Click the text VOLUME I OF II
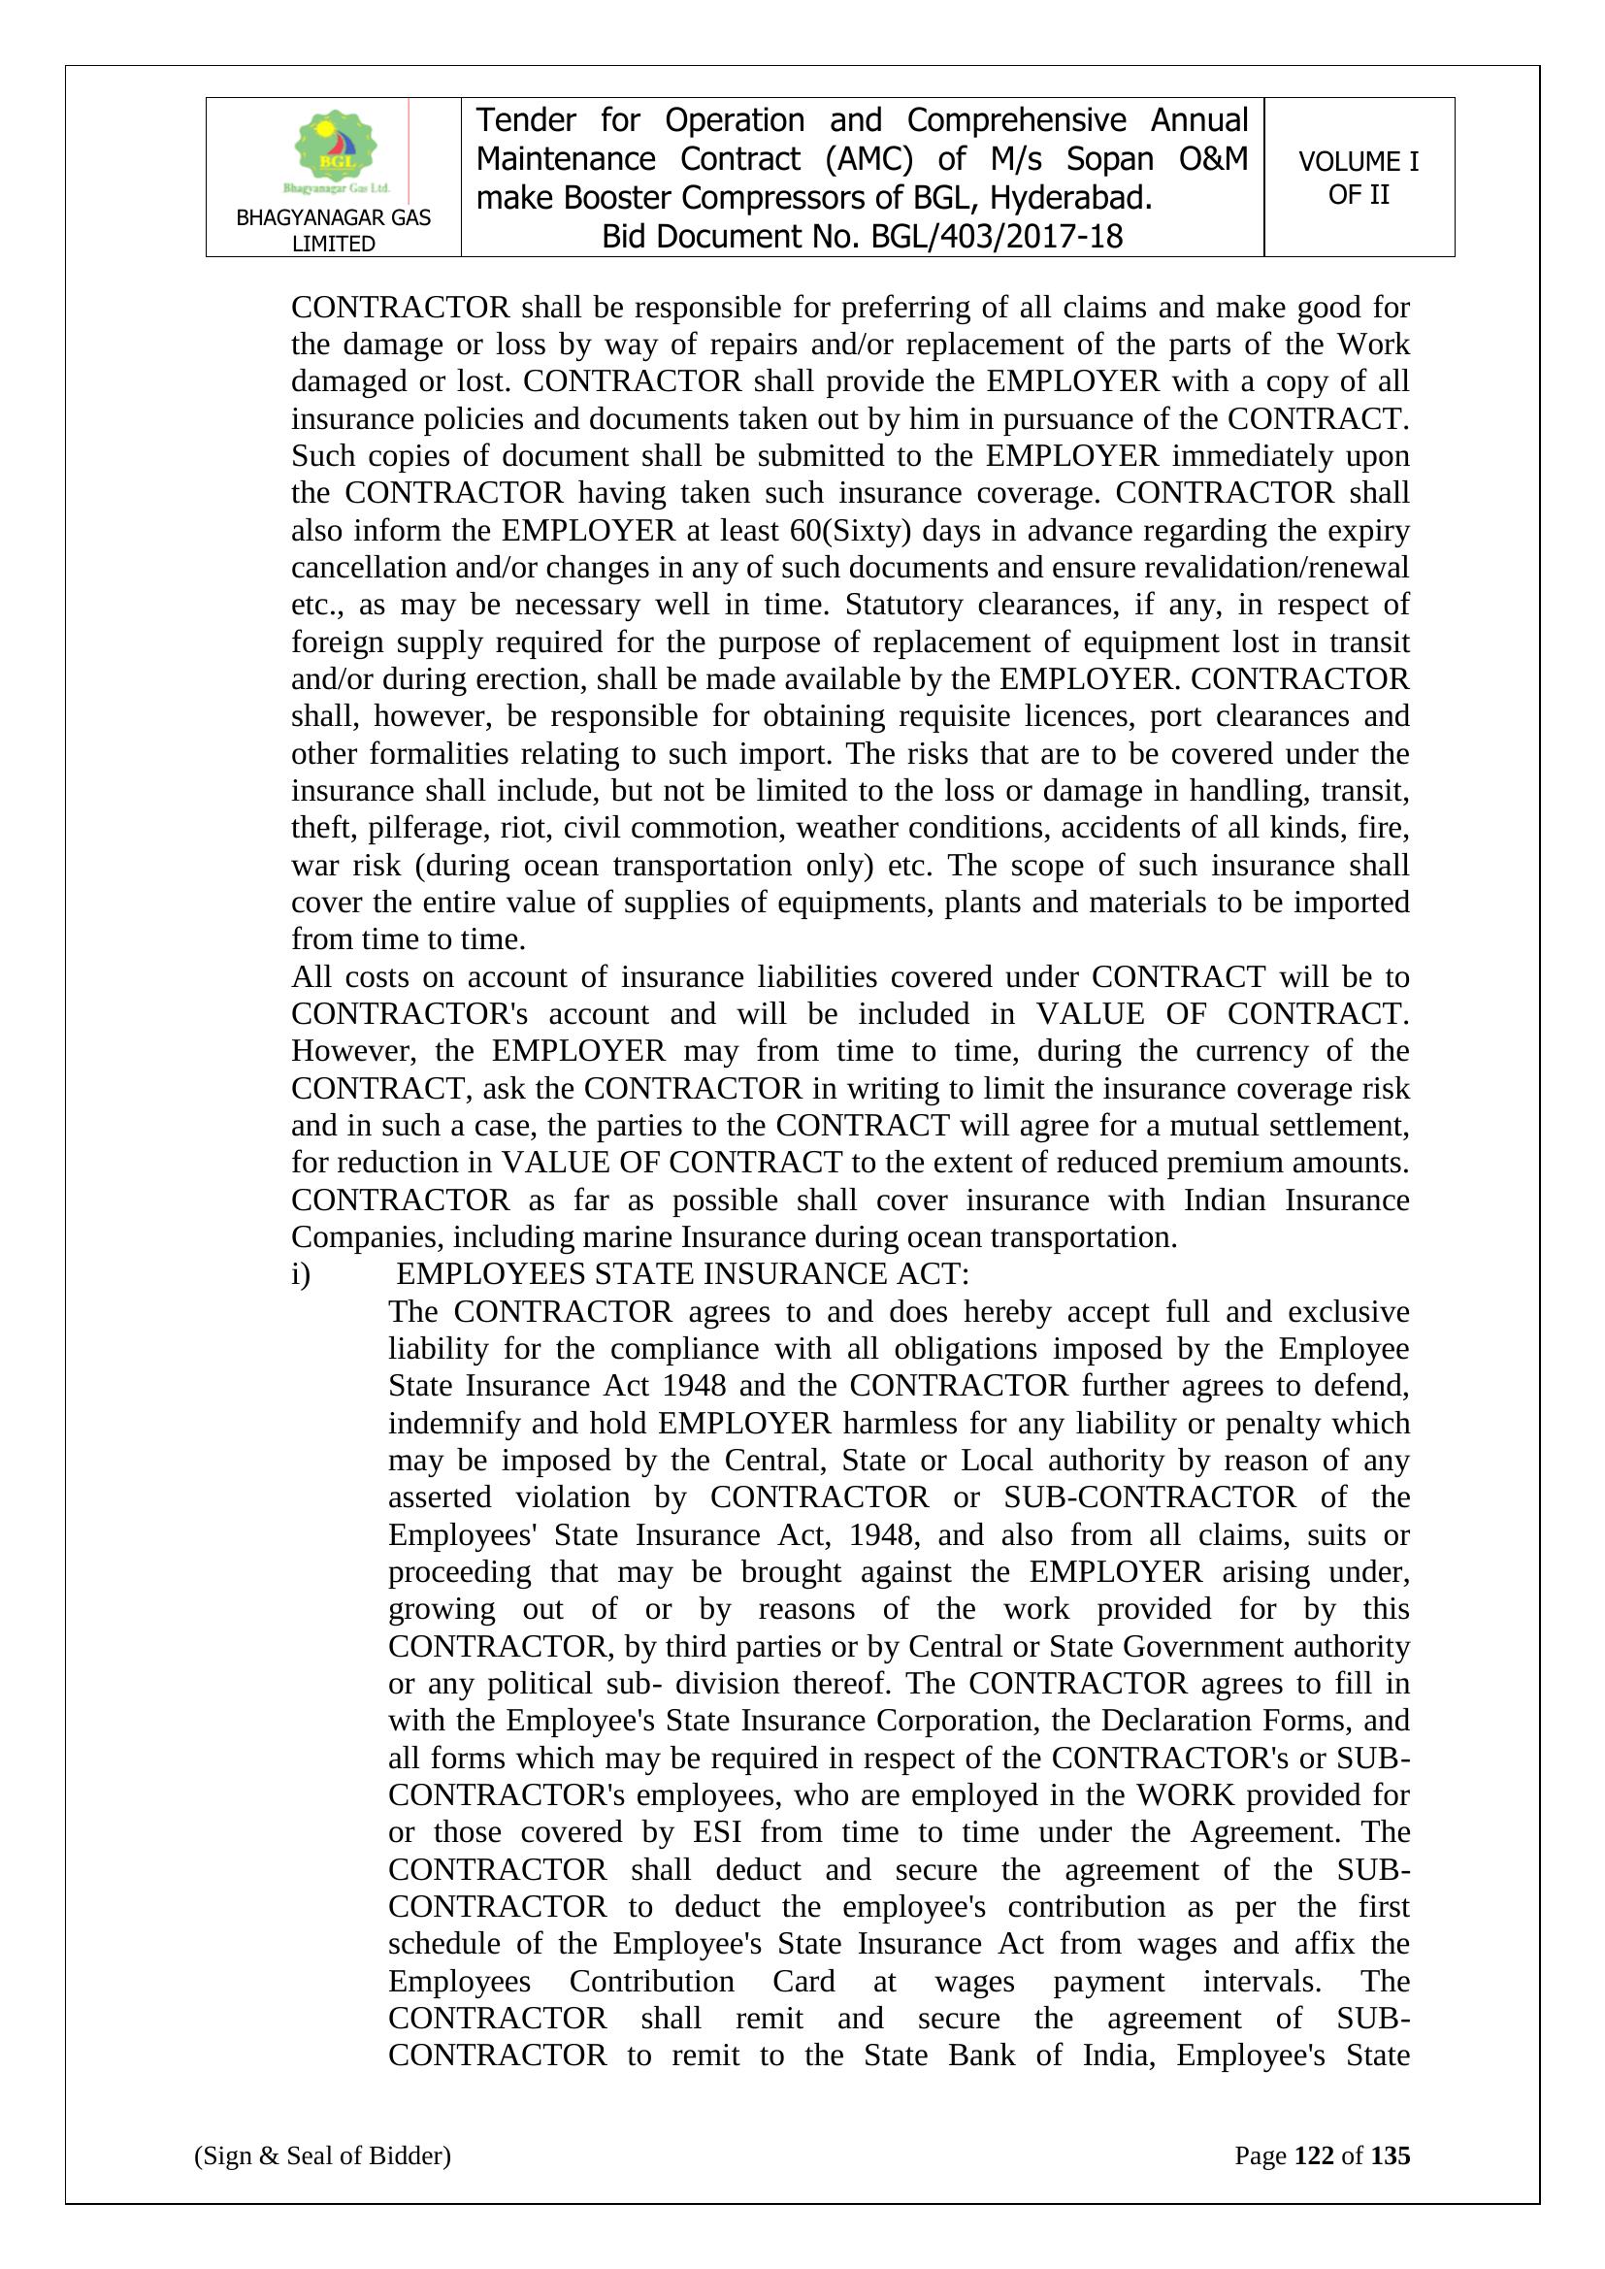point(1358,178)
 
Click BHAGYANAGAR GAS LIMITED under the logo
point(333,230)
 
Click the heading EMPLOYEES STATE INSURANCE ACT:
point(683,1274)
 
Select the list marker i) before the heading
point(301,1274)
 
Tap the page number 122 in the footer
point(1314,2155)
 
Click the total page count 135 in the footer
point(1390,2155)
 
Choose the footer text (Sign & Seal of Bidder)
point(322,2155)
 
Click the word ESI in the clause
point(716,1832)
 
